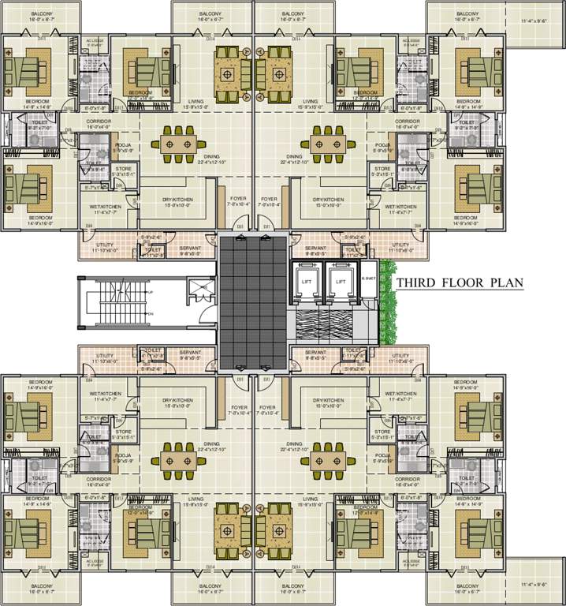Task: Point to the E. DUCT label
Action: [367, 276]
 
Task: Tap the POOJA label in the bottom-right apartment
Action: [384, 456]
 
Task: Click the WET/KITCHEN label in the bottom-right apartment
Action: [400, 393]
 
